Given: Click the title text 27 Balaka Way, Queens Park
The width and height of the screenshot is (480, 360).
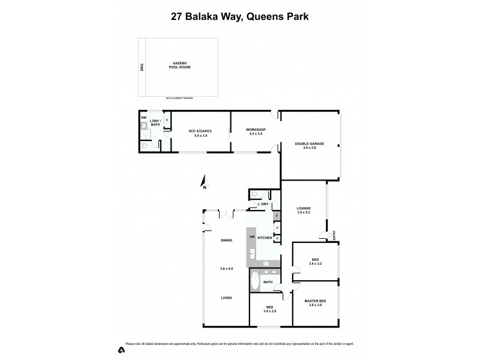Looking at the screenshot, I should click(x=239, y=17).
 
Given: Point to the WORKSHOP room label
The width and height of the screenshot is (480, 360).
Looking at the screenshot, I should click(x=256, y=130).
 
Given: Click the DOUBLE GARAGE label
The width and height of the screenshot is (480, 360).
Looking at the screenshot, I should click(x=310, y=144).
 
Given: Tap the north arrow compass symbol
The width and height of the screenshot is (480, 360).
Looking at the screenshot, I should click(x=204, y=182).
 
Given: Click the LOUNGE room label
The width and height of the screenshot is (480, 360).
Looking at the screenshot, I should click(x=304, y=209).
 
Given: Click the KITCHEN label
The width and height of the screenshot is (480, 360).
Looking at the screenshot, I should click(x=265, y=238).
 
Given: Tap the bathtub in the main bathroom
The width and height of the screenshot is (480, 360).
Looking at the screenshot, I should click(x=254, y=280).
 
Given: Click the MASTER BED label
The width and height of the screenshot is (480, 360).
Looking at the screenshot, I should click(x=315, y=301).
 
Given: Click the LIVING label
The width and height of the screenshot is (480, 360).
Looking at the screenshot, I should click(x=226, y=298).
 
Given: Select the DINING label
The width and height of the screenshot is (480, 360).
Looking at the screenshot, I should click(x=226, y=240).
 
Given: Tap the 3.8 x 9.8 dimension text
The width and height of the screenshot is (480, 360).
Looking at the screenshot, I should click(x=226, y=269).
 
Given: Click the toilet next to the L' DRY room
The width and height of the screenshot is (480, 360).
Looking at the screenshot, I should click(x=254, y=194).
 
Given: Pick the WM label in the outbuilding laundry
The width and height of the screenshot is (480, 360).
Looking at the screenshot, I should click(x=143, y=118).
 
